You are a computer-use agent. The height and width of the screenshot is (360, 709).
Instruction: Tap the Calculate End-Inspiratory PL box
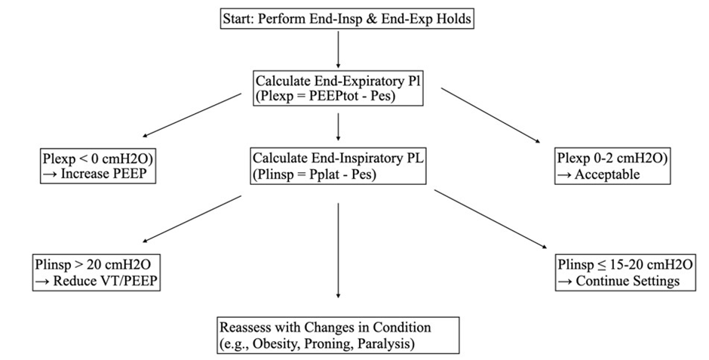pyautogui.click(x=337, y=165)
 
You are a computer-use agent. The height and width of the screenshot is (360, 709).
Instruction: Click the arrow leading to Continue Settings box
pyautogui.click(x=491, y=218)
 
